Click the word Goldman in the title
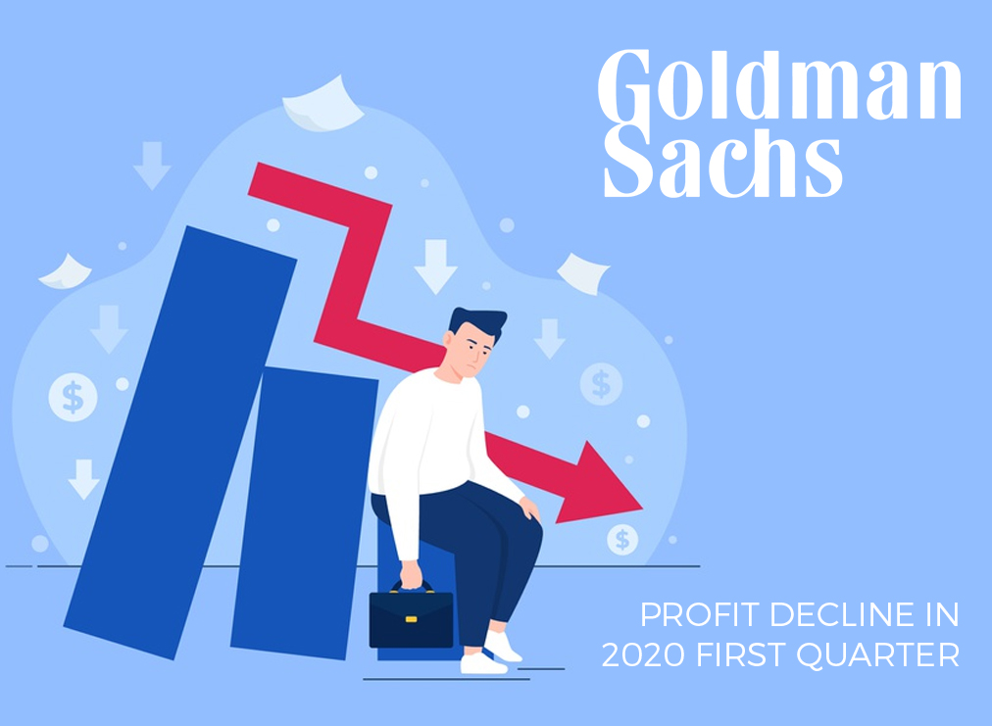(x=779, y=84)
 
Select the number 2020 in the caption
(x=643, y=654)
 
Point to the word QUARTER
(x=878, y=655)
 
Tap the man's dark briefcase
(x=412, y=615)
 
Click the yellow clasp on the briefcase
(x=412, y=619)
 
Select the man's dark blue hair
(x=479, y=322)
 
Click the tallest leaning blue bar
(x=180, y=443)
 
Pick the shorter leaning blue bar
(x=304, y=512)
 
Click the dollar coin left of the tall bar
(x=73, y=397)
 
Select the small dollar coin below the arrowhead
(x=622, y=540)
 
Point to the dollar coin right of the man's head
(x=601, y=384)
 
